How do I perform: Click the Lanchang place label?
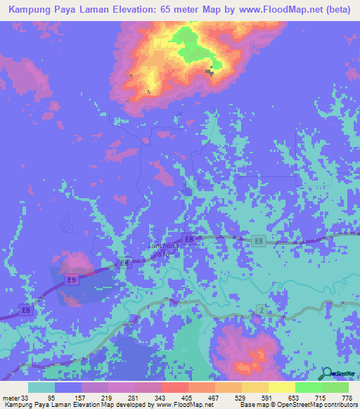pyautogui.click(x=162, y=246)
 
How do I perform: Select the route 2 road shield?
pyautogui.click(x=260, y=310)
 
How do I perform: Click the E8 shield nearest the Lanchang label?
pyautogui.click(x=188, y=238)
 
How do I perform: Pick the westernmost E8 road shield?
pyautogui.click(x=26, y=310)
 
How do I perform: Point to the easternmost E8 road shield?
pyautogui.click(x=259, y=242)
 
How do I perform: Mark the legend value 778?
pyautogui.click(x=345, y=397)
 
